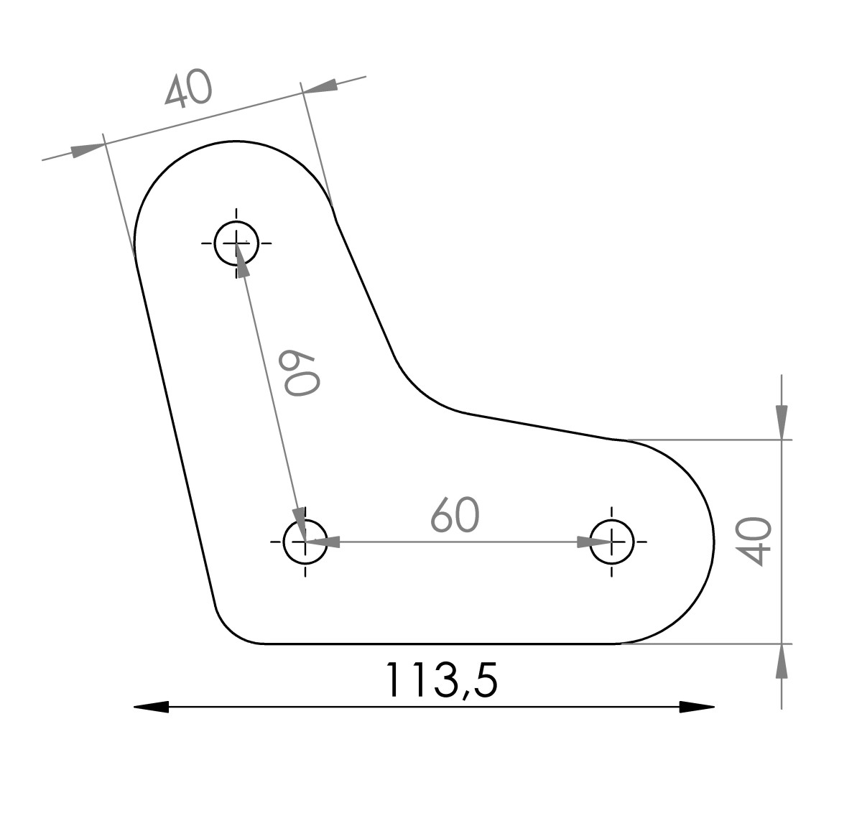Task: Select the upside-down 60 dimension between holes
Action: tap(302, 373)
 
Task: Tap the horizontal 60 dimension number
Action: tap(455, 514)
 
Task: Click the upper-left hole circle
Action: tap(236, 222)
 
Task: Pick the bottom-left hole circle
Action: tap(305, 521)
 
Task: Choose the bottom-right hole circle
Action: tap(611, 521)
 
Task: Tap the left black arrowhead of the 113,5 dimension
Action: tap(151, 707)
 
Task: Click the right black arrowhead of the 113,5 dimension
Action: tap(697, 707)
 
